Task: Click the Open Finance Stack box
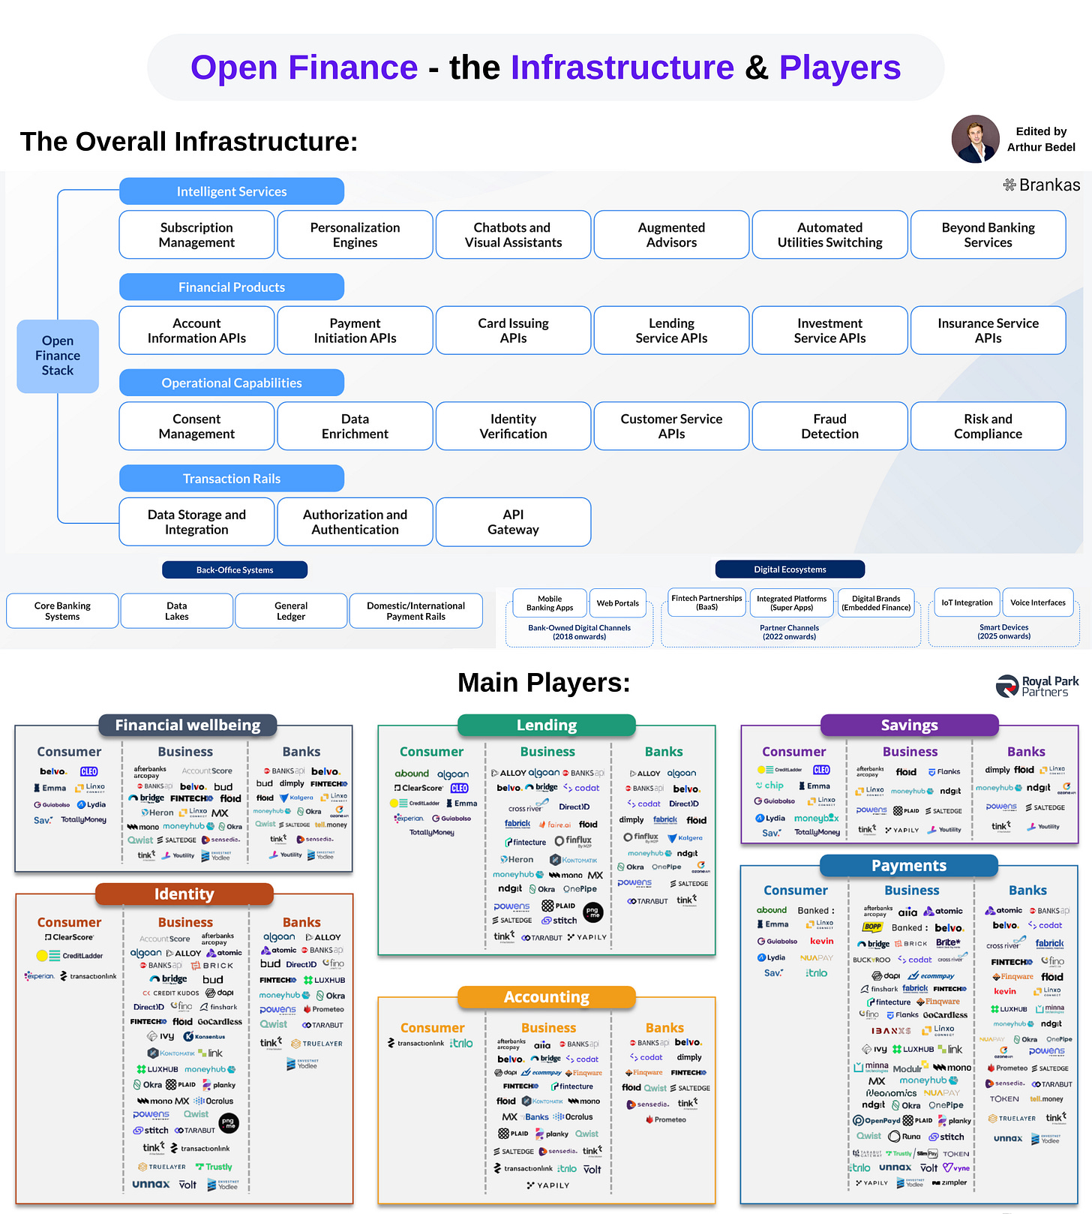[58, 356]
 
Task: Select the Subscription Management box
[196, 235]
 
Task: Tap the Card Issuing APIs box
[513, 330]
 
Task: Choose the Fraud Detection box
[829, 426]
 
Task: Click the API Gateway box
[513, 521]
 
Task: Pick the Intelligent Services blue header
[231, 191]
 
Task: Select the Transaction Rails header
[231, 479]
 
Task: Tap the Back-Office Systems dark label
[235, 570]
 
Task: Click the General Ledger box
[291, 611]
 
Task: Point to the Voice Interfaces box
[1037, 602]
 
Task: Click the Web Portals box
[617, 602]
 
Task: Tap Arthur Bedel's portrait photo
[975, 139]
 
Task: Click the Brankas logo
[1042, 185]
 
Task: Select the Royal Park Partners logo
[1037, 686]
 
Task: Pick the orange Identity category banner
[184, 894]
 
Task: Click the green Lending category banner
[546, 725]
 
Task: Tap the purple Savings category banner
[909, 725]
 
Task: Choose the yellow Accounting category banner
[546, 996]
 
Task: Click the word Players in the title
[839, 68]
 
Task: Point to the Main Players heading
[544, 683]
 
